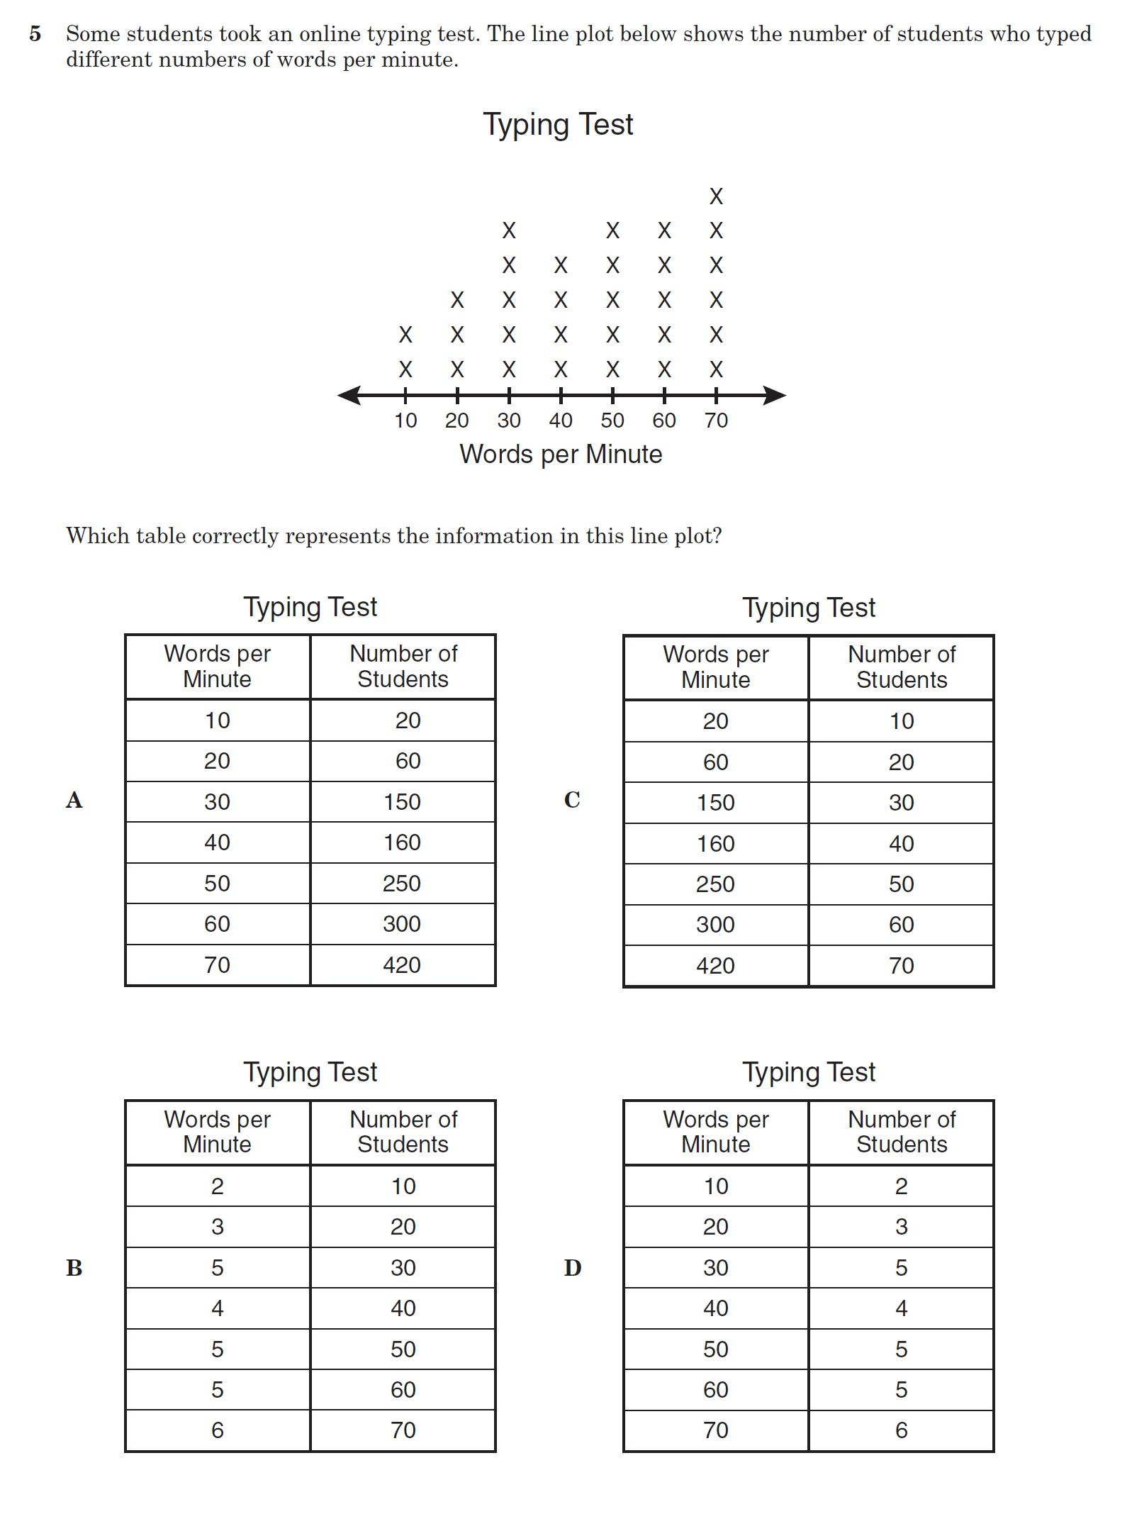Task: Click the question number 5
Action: coord(35,34)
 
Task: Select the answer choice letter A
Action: coord(74,801)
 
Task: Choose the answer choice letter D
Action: coord(572,1267)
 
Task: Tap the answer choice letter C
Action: coord(572,800)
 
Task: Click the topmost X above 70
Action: coord(716,196)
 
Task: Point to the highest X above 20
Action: coord(457,300)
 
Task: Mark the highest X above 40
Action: coord(561,265)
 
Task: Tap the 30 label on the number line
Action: coord(509,421)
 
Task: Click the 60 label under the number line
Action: coord(664,421)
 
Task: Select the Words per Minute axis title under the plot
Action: coord(561,454)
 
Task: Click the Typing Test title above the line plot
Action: coord(558,124)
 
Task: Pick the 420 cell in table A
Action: coord(402,965)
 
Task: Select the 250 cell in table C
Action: coord(715,884)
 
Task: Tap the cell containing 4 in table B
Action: coord(218,1308)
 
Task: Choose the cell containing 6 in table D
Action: coord(901,1430)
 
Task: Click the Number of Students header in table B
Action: coord(403,1132)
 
